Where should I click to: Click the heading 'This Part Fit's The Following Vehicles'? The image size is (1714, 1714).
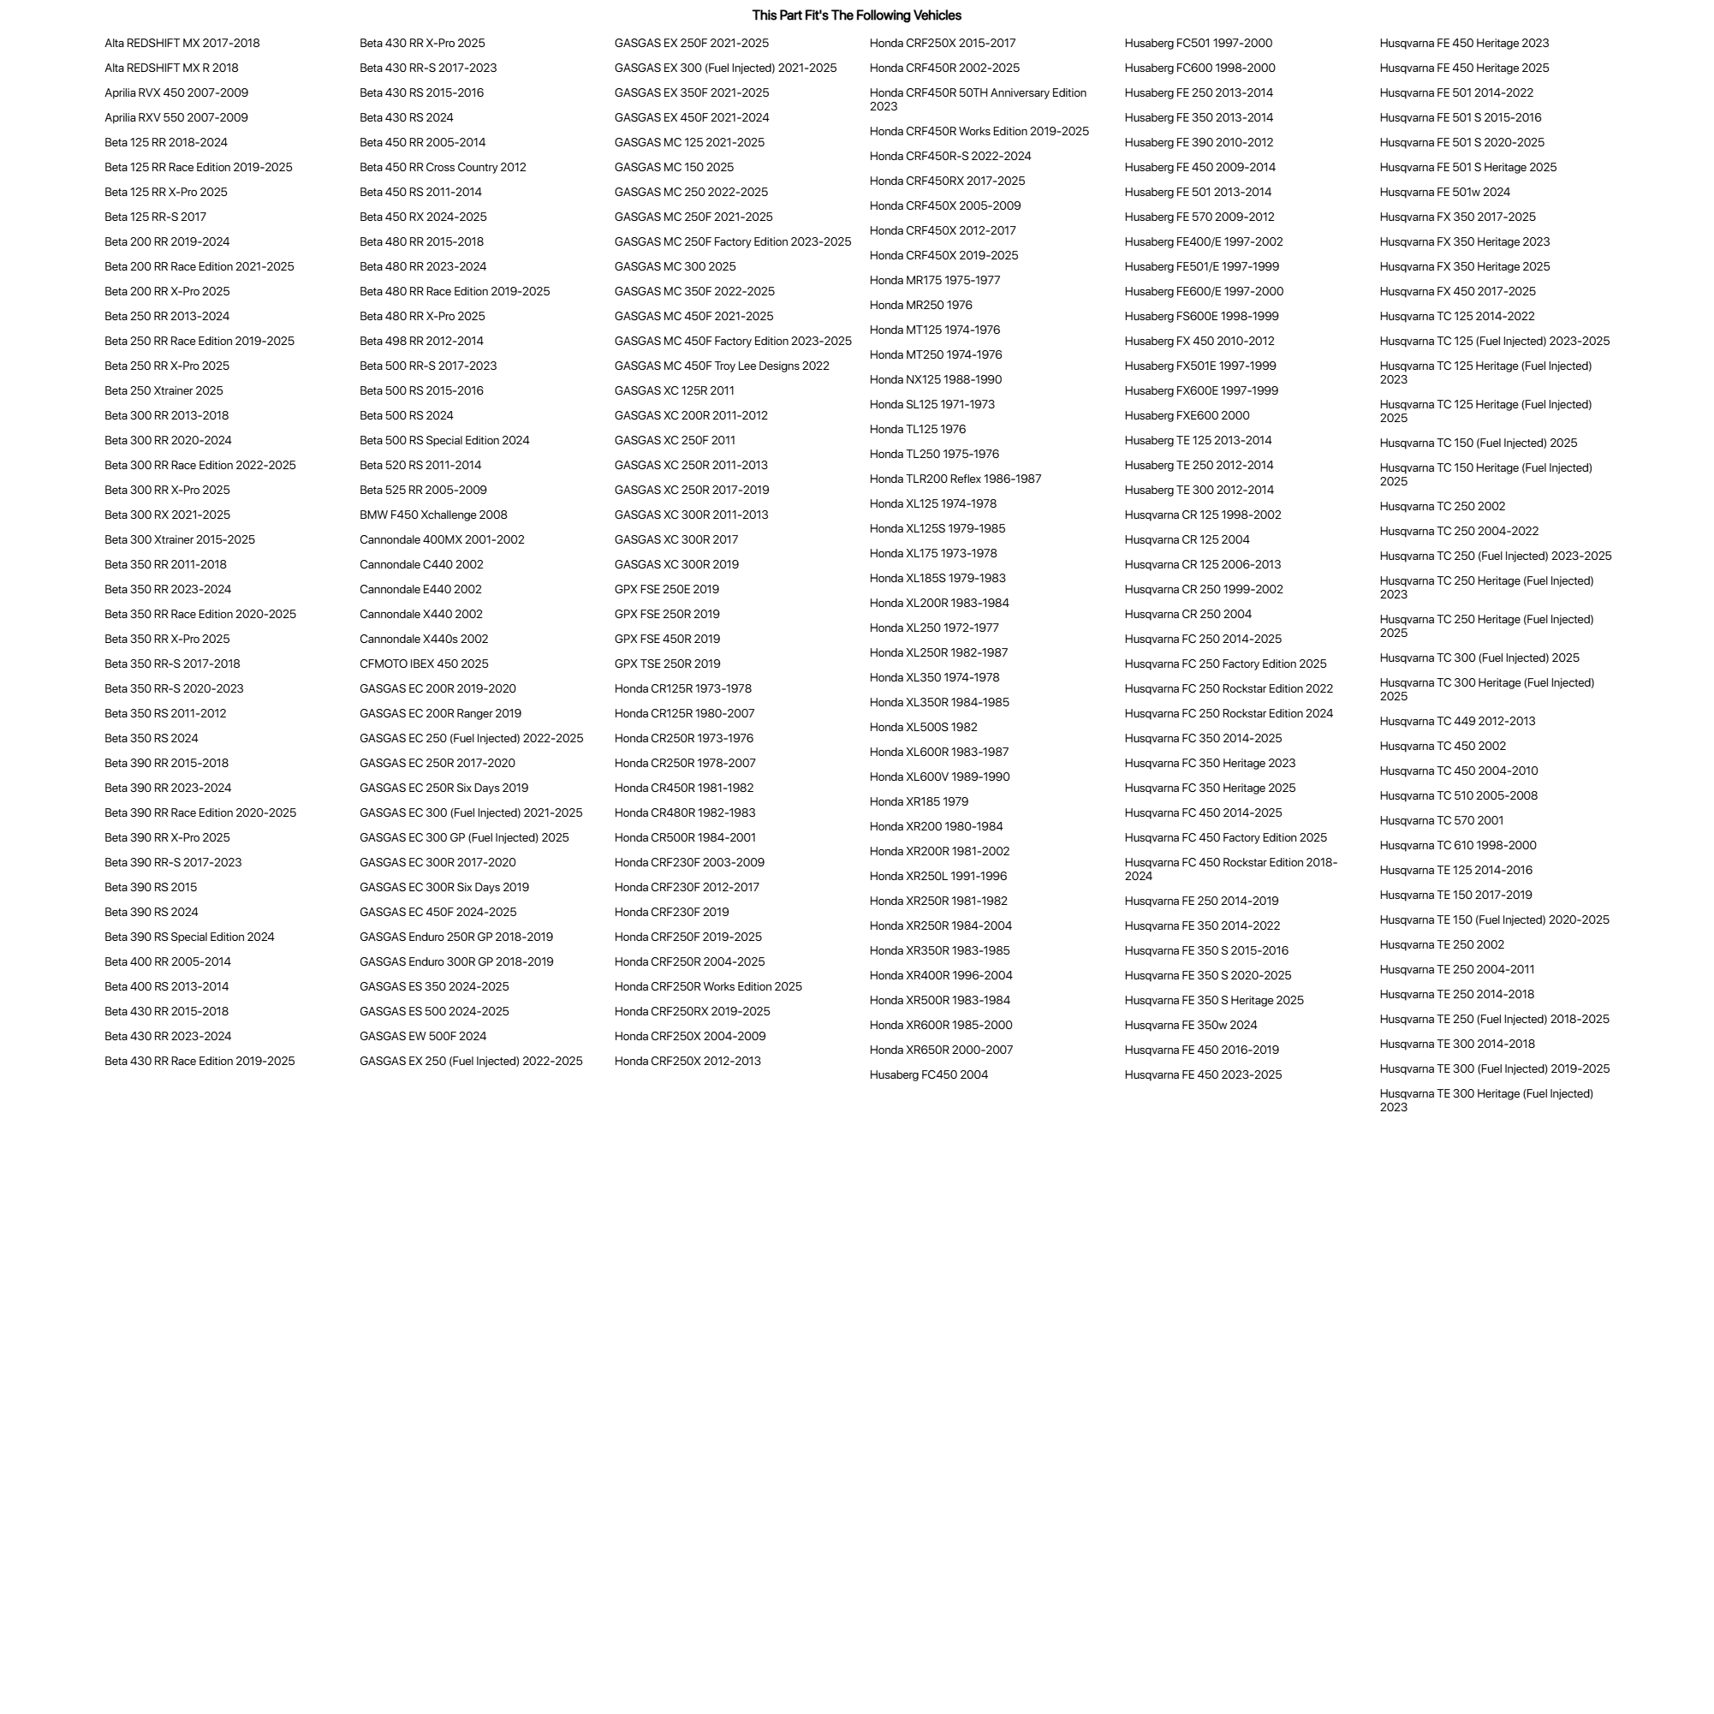pos(856,15)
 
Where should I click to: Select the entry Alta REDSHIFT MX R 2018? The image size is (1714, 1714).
pos(171,68)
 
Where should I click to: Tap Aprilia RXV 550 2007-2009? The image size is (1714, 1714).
pos(176,118)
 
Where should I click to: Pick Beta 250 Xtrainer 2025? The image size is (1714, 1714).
pos(164,391)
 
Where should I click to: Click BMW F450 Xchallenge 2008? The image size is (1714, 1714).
pos(433,515)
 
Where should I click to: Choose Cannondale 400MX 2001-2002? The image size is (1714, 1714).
pos(441,540)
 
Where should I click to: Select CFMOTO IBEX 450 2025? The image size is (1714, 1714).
pos(423,664)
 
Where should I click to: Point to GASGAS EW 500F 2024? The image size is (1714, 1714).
pos(422,1036)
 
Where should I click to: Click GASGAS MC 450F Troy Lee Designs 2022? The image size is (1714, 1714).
pos(721,366)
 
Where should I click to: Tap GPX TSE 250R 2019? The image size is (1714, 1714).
pos(667,664)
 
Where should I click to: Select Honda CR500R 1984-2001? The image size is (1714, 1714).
pos(685,838)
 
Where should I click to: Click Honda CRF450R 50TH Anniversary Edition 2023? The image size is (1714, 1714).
pos(977,99)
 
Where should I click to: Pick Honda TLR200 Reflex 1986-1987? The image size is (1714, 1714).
pos(955,479)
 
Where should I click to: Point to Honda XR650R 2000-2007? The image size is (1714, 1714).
pos(940,1050)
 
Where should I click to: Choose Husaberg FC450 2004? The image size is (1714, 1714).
pos(928,1075)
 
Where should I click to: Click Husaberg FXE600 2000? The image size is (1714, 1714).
pos(1186,416)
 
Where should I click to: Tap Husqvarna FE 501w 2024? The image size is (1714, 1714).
pos(1444,193)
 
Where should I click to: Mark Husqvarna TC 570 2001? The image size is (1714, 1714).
pos(1441,822)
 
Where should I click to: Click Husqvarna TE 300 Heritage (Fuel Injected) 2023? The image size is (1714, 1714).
pos(1485,1101)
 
